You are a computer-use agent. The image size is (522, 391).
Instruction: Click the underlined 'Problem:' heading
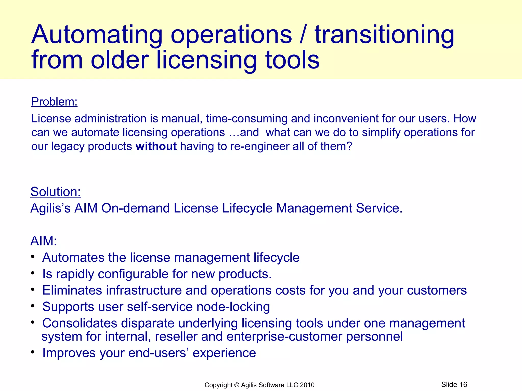[54, 102]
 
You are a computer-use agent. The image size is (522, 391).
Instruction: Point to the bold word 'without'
[156, 146]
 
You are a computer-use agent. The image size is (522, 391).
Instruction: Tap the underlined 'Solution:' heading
[56, 192]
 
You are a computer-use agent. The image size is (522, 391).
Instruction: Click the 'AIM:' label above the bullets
[44, 241]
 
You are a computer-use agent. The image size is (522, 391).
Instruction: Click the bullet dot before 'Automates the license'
[33, 257]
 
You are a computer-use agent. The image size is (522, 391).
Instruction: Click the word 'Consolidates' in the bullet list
[80, 323]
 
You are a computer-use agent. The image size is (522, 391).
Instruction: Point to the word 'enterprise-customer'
[284, 337]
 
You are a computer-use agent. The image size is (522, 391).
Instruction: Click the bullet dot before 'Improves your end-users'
[33, 352]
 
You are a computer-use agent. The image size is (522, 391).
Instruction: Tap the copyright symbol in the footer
[237, 385]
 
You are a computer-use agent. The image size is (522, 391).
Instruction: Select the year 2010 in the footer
[307, 385]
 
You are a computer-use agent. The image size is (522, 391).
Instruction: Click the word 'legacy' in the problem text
[68, 146]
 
